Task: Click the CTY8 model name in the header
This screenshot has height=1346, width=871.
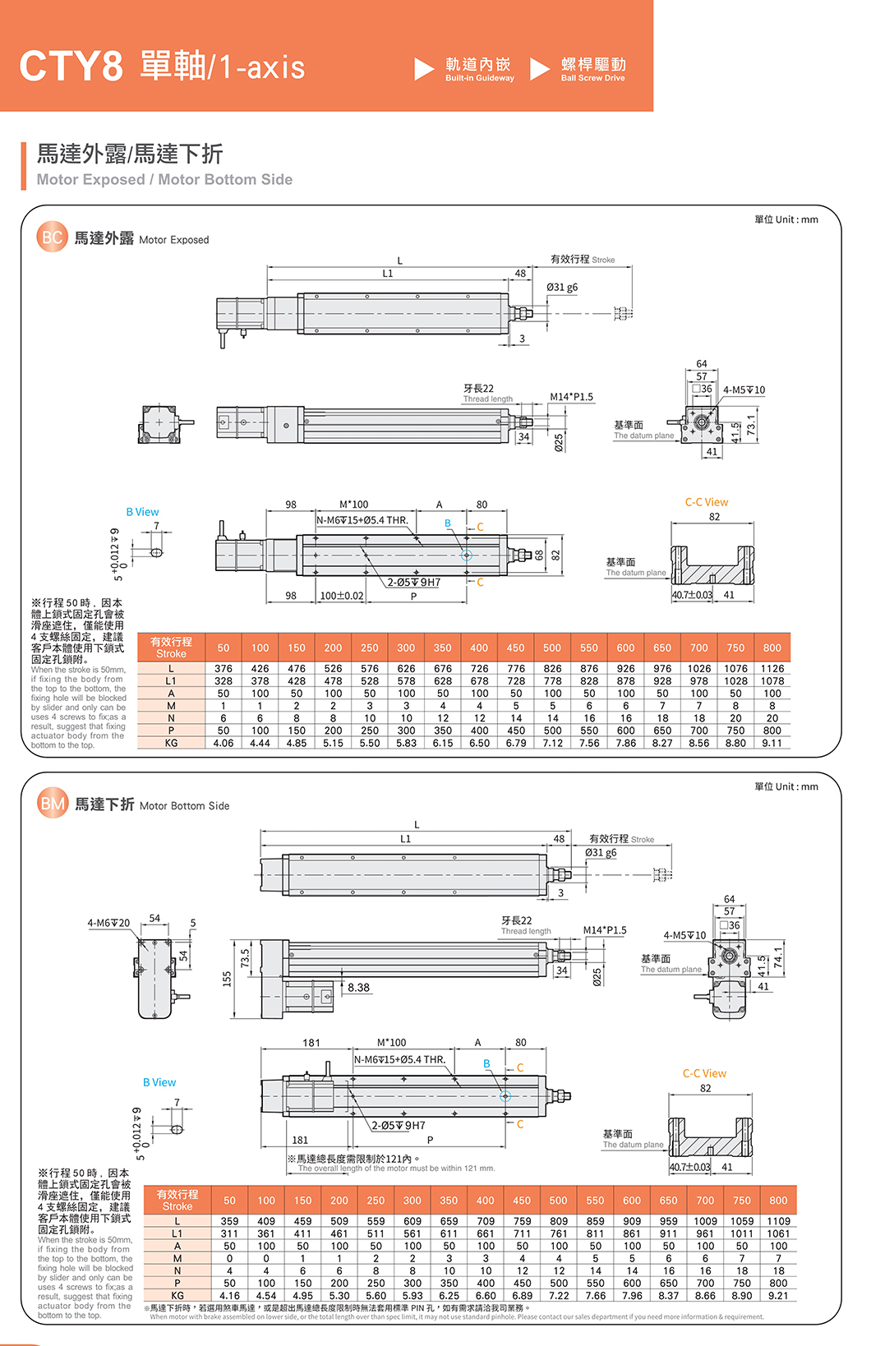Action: click(x=71, y=66)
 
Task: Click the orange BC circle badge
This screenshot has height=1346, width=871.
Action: click(x=51, y=237)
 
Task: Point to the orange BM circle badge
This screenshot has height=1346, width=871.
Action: click(x=52, y=804)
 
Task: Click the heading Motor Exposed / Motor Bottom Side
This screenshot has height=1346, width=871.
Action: click(x=164, y=179)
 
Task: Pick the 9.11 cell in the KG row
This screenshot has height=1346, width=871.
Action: click(x=772, y=743)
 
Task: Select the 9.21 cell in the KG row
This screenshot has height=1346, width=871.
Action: click(x=778, y=1295)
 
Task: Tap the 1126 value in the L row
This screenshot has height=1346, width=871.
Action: click(x=772, y=669)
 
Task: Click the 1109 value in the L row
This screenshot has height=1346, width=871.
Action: click(x=778, y=1221)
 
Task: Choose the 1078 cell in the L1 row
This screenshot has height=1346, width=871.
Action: click(x=772, y=681)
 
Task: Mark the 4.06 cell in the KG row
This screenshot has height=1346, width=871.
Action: click(x=224, y=743)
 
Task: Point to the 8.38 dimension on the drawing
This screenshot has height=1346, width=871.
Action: click(x=358, y=988)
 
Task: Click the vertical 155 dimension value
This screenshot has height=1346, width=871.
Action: click(x=228, y=979)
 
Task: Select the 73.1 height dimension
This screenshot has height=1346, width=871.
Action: click(x=751, y=426)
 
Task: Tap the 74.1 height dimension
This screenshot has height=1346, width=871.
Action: click(x=777, y=959)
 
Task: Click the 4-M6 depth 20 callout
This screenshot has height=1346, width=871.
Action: click(x=108, y=923)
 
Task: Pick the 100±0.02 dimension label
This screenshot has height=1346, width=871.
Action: click(x=341, y=596)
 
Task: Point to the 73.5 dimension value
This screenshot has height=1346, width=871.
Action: click(x=245, y=958)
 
